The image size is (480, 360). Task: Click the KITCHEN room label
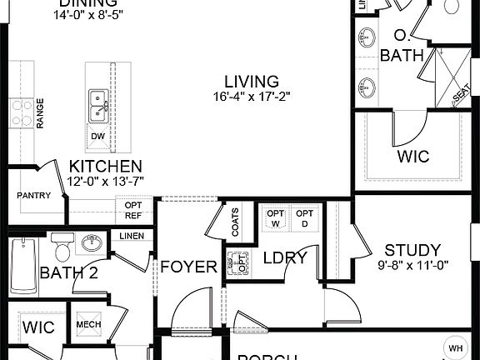(105, 167)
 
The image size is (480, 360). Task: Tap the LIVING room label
(251, 82)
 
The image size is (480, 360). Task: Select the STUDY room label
(412, 250)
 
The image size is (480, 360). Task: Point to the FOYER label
(189, 267)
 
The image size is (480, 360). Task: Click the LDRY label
(285, 258)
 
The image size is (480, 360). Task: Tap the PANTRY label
(34, 196)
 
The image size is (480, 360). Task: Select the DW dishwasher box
(97, 136)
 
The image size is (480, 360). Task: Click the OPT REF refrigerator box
(133, 209)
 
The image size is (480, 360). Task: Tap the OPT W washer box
(276, 219)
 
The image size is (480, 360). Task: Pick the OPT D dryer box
(306, 219)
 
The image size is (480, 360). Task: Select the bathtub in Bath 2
(24, 266)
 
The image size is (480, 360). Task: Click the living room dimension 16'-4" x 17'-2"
(250, 96)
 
